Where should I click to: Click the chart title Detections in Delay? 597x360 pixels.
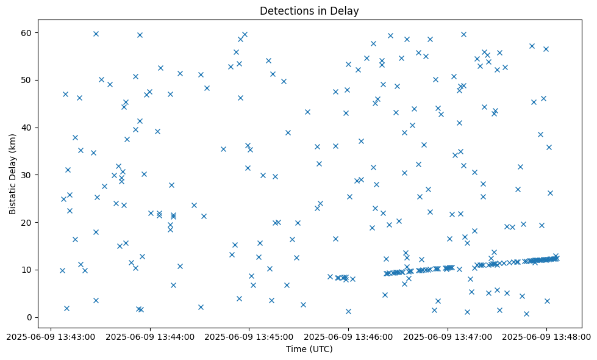[x=309, y=11]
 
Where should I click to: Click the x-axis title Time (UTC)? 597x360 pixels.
[x=309, y=349]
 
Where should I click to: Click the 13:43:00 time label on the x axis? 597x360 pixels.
[x=50, y=336]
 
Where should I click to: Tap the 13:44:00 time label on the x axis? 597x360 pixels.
[x=149, y=336]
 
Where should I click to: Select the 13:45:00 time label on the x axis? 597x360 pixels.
[x=249, y=336]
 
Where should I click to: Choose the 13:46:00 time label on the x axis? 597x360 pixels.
[x=348, y=336]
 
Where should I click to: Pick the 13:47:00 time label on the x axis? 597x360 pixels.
[x=448, y=336]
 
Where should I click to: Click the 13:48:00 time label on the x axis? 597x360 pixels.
[x=547, y=336]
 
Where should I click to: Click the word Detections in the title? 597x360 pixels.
[x=285, y=11]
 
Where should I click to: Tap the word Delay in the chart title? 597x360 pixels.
[x=346, y=11]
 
